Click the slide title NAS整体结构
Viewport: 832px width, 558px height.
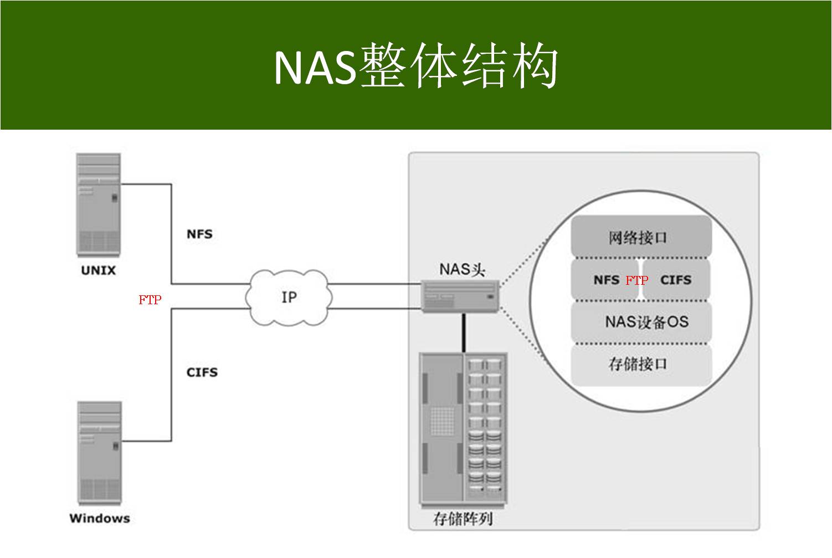point(415,67)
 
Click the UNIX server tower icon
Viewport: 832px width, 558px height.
point(99,204)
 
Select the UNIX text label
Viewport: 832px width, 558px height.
point(98,271)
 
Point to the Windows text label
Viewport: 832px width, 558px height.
point(100,519)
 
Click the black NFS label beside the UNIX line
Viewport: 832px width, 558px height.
point(199,234)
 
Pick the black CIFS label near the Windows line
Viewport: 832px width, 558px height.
point(202,372)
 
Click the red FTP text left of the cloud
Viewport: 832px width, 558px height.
point(150,300)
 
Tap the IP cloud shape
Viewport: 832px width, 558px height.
point(289,298)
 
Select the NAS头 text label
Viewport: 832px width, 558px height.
point(462,269)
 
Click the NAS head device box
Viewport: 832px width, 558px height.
point(460,295)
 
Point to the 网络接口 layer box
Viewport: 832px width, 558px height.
point(640,237)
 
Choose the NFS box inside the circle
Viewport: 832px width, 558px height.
point(605,280)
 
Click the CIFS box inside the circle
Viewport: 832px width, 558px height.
point(676,280)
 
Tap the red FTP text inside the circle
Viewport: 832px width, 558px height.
point(637,280)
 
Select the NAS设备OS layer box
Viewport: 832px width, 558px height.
point(641,322)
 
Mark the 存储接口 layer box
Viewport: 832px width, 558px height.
point(640,364)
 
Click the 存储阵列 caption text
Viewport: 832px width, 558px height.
point(463,519)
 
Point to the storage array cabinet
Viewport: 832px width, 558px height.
point(463,429)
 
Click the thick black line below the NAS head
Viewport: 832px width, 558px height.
point(464,332)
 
